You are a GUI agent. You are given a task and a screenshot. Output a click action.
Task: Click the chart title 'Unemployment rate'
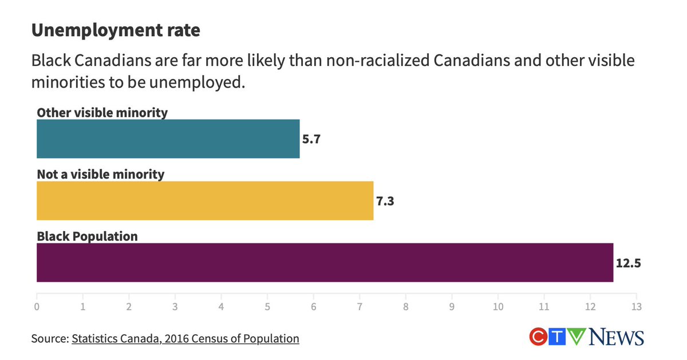click(x=116, y=30)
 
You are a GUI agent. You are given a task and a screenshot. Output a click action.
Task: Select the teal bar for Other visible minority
click(x=168, y=139)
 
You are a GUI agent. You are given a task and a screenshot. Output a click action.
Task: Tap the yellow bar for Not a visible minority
click(x=204, y=201)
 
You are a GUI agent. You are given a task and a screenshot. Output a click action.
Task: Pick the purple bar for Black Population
click(x=325, y=263)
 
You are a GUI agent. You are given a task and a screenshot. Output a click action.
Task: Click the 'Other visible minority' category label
click(x=102, y=112)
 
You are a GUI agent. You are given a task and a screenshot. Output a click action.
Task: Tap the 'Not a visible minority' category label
click(x=100, y=174)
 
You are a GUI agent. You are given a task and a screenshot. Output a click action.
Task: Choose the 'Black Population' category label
click(x=87, y=236)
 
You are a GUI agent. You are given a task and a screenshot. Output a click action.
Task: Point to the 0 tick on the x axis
click(x=37, y=306)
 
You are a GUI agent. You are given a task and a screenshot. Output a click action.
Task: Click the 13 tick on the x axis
click(x=635, y=306)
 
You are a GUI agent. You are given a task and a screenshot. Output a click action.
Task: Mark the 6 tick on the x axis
click(x=313, y=306)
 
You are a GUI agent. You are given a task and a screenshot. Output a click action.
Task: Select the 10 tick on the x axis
click(x=498, y=306)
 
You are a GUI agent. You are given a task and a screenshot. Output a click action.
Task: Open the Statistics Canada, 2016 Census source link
click(x=185, y=338)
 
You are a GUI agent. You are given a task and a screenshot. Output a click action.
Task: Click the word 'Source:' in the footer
click(x=50, y=338)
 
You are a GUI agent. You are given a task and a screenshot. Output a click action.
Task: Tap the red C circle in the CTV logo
click(x=538, y=337)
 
